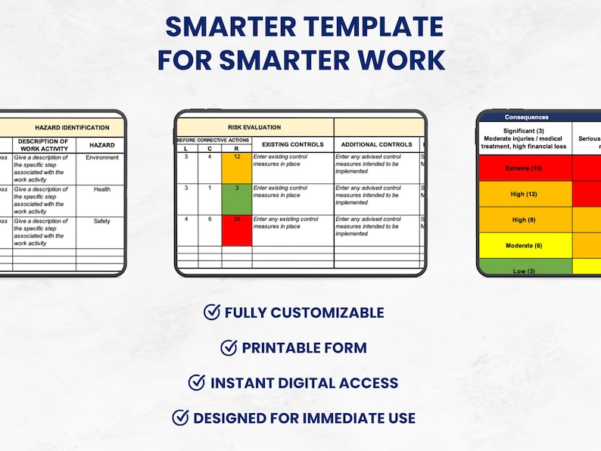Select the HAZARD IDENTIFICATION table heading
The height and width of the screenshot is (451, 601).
(x=72, y=128)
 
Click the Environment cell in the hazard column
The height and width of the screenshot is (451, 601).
(x=101, y=157)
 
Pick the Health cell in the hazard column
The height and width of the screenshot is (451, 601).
(x=101, y=189)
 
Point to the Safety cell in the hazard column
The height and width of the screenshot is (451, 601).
(x=101, y=221)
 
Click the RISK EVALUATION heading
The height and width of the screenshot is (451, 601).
(x=254, y=128)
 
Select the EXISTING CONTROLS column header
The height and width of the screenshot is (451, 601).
(x=292, y=144)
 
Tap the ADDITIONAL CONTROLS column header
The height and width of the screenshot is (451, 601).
(x=376, y=144)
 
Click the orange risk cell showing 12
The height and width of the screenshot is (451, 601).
(x=236, y=168)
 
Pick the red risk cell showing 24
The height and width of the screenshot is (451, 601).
(x=236, y=231)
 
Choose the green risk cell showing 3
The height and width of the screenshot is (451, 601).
(x=236, y=199)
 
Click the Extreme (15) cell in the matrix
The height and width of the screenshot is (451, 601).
(x=525, y=168)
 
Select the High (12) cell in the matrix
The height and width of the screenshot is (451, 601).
(x=525, y=194)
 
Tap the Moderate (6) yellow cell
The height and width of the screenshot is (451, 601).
(x=525, y=245)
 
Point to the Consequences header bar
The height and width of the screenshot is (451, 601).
(x=537, y=117)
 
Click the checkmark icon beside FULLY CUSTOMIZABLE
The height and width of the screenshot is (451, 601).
(x=212, y=312)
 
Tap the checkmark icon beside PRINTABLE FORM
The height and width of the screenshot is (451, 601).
(x=229, y=347)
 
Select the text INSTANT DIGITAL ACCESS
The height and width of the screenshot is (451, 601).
(x=304, y=383)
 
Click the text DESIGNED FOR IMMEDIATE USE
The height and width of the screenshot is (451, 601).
(x=304, y=418)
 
